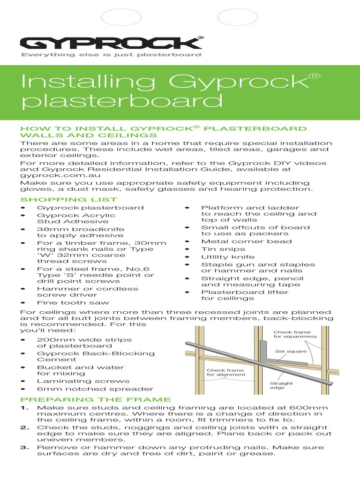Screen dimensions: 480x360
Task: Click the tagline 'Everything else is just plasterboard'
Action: [110, 55]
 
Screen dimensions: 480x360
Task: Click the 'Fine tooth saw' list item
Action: [73, 302]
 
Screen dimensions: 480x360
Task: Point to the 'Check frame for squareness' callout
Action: [295, 334]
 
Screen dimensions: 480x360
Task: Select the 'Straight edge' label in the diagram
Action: [281, 385]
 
